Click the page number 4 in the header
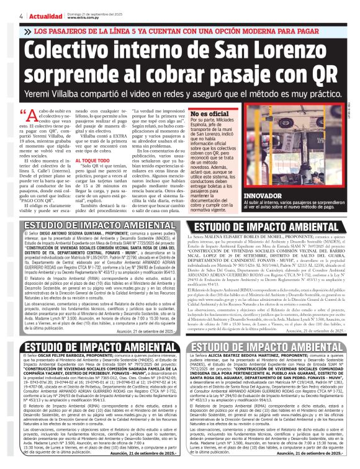tap(4, 16)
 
